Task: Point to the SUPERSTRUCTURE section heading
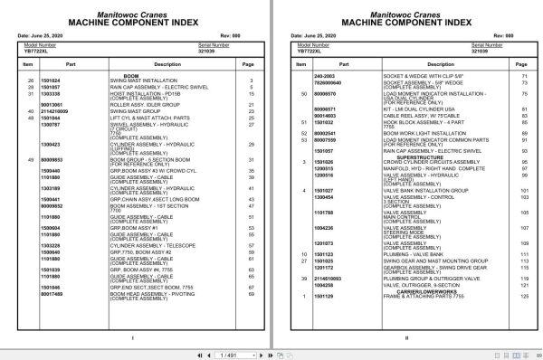click(393, 156)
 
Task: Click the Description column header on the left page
click(167, 65)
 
